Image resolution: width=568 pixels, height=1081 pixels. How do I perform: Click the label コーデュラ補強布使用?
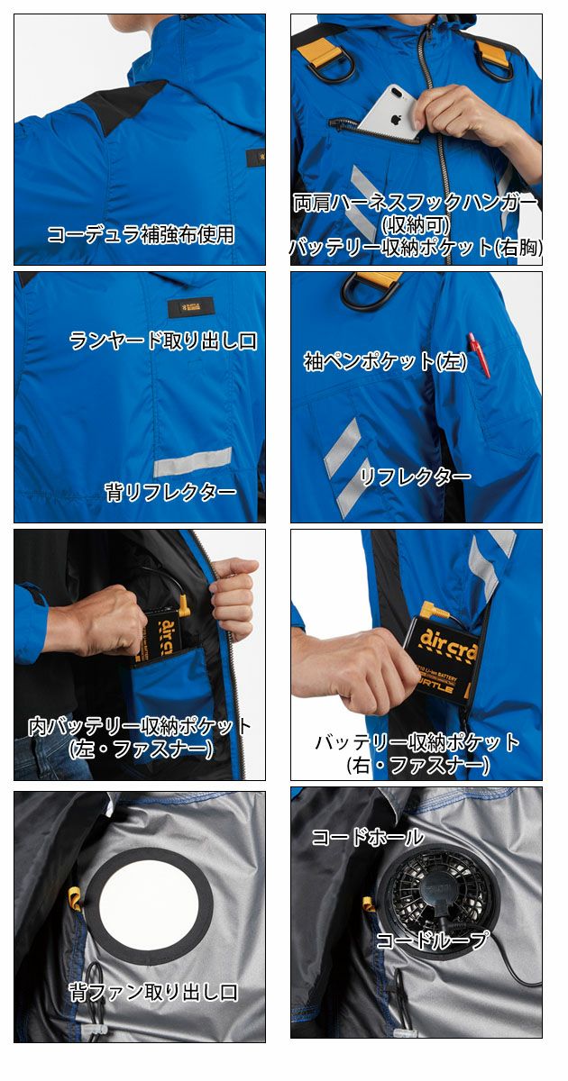[141, 235]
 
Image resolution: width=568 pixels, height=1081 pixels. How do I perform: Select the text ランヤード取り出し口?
[163, 341]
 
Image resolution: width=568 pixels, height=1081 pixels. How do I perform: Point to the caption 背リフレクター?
[170, 492]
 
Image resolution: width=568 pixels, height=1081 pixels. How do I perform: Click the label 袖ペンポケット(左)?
[371, 361]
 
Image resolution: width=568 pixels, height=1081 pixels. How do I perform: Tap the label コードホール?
[367, 837]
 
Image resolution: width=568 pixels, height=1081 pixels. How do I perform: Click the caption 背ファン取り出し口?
[154, 993]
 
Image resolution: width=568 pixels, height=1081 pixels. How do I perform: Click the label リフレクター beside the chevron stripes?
[415, 477]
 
